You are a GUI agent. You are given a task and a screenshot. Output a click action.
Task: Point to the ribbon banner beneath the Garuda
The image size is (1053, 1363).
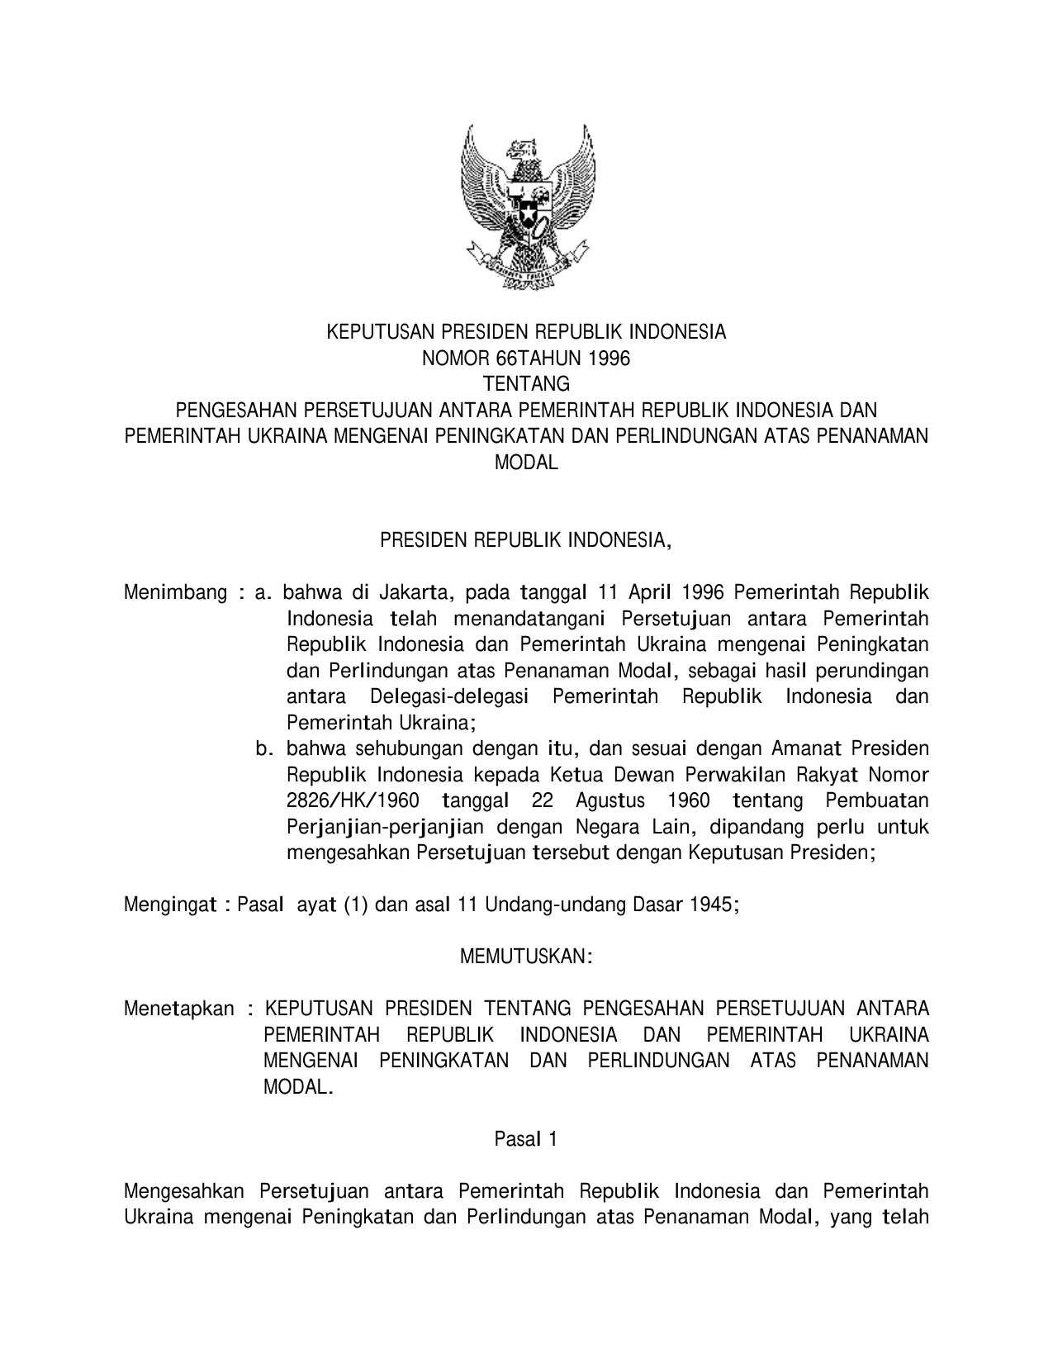(x=527, y=266)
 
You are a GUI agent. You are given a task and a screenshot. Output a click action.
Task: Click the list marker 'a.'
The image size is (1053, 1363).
(x=263, y=592)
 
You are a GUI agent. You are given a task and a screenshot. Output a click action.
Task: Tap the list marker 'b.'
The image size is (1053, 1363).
(x=263, y=749)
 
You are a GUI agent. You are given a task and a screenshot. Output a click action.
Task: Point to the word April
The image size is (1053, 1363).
(x=652, y=592)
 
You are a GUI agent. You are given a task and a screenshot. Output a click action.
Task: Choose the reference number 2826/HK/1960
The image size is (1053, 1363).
(x=353, y=801)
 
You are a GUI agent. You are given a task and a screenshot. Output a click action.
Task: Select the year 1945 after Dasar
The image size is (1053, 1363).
(x=713, y=905)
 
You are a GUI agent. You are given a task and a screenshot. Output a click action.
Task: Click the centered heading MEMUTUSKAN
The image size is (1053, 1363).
(x=526, y=957)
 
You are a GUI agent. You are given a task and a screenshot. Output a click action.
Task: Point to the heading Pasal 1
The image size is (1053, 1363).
(x=526, y=1139)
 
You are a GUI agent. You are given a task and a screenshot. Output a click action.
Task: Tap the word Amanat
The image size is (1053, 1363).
(x=806, y=749)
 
